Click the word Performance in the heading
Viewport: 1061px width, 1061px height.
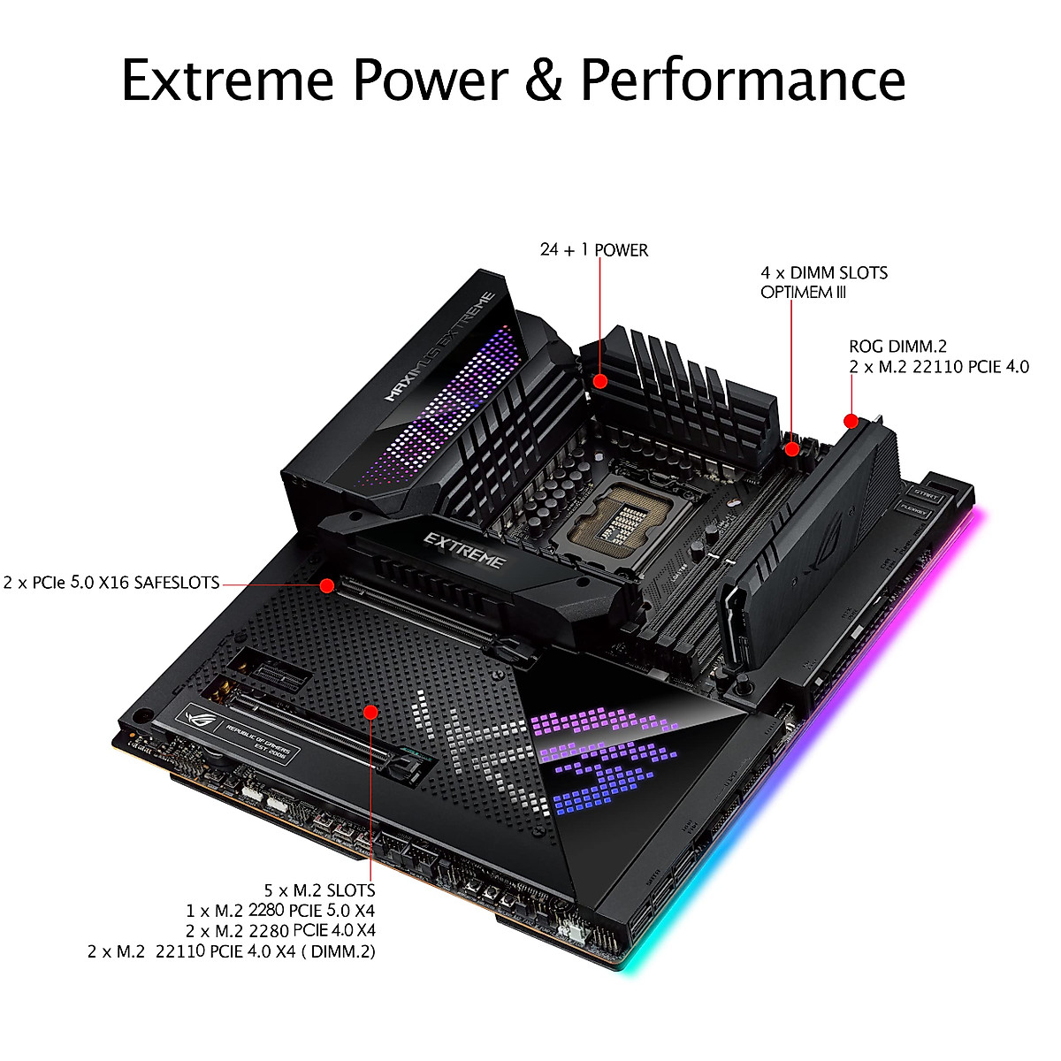743,79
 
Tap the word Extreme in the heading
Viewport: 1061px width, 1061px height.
228,79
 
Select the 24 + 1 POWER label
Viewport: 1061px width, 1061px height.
594,250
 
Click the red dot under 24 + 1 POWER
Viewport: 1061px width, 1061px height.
600,381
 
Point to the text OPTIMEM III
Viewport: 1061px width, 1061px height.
803,293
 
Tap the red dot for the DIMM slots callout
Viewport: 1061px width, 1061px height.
792,449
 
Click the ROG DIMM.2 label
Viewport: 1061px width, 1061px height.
897,347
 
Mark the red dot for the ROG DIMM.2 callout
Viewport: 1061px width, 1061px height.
851,421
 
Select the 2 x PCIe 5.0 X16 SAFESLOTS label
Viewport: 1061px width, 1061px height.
111,583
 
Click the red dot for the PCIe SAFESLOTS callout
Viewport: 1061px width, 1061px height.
327,584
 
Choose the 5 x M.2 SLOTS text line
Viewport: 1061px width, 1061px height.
319,890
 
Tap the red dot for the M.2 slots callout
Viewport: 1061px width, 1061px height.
371,712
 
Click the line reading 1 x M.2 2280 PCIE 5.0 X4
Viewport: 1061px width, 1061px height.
281,911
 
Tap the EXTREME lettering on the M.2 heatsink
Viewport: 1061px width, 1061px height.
464,550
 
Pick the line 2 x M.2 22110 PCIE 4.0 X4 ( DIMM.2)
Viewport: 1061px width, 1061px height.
232,951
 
